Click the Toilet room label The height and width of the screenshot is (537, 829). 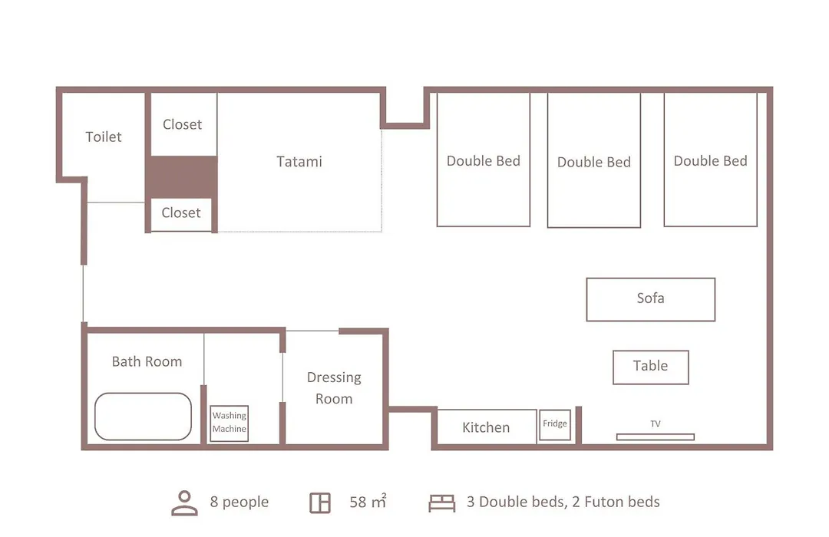pos(104,137)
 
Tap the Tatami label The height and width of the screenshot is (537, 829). pos(299,161)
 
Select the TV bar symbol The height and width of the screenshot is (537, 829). pos(655,437)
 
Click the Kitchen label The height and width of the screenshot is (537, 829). pos(486,427)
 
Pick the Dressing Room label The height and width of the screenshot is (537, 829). pos(334,388)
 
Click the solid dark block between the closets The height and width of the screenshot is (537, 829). pos(181,177)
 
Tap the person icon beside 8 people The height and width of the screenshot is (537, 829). pos(184,503)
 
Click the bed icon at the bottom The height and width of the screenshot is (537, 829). pos(441,502)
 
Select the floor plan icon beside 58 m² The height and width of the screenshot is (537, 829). pos(320,502)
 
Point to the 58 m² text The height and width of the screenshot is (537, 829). pos(368,501)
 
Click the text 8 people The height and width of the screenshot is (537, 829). pos(239,502)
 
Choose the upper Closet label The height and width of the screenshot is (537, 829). pos(183,124)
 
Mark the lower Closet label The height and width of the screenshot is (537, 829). pos(181,212)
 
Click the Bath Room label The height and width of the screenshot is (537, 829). pos(147,361)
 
